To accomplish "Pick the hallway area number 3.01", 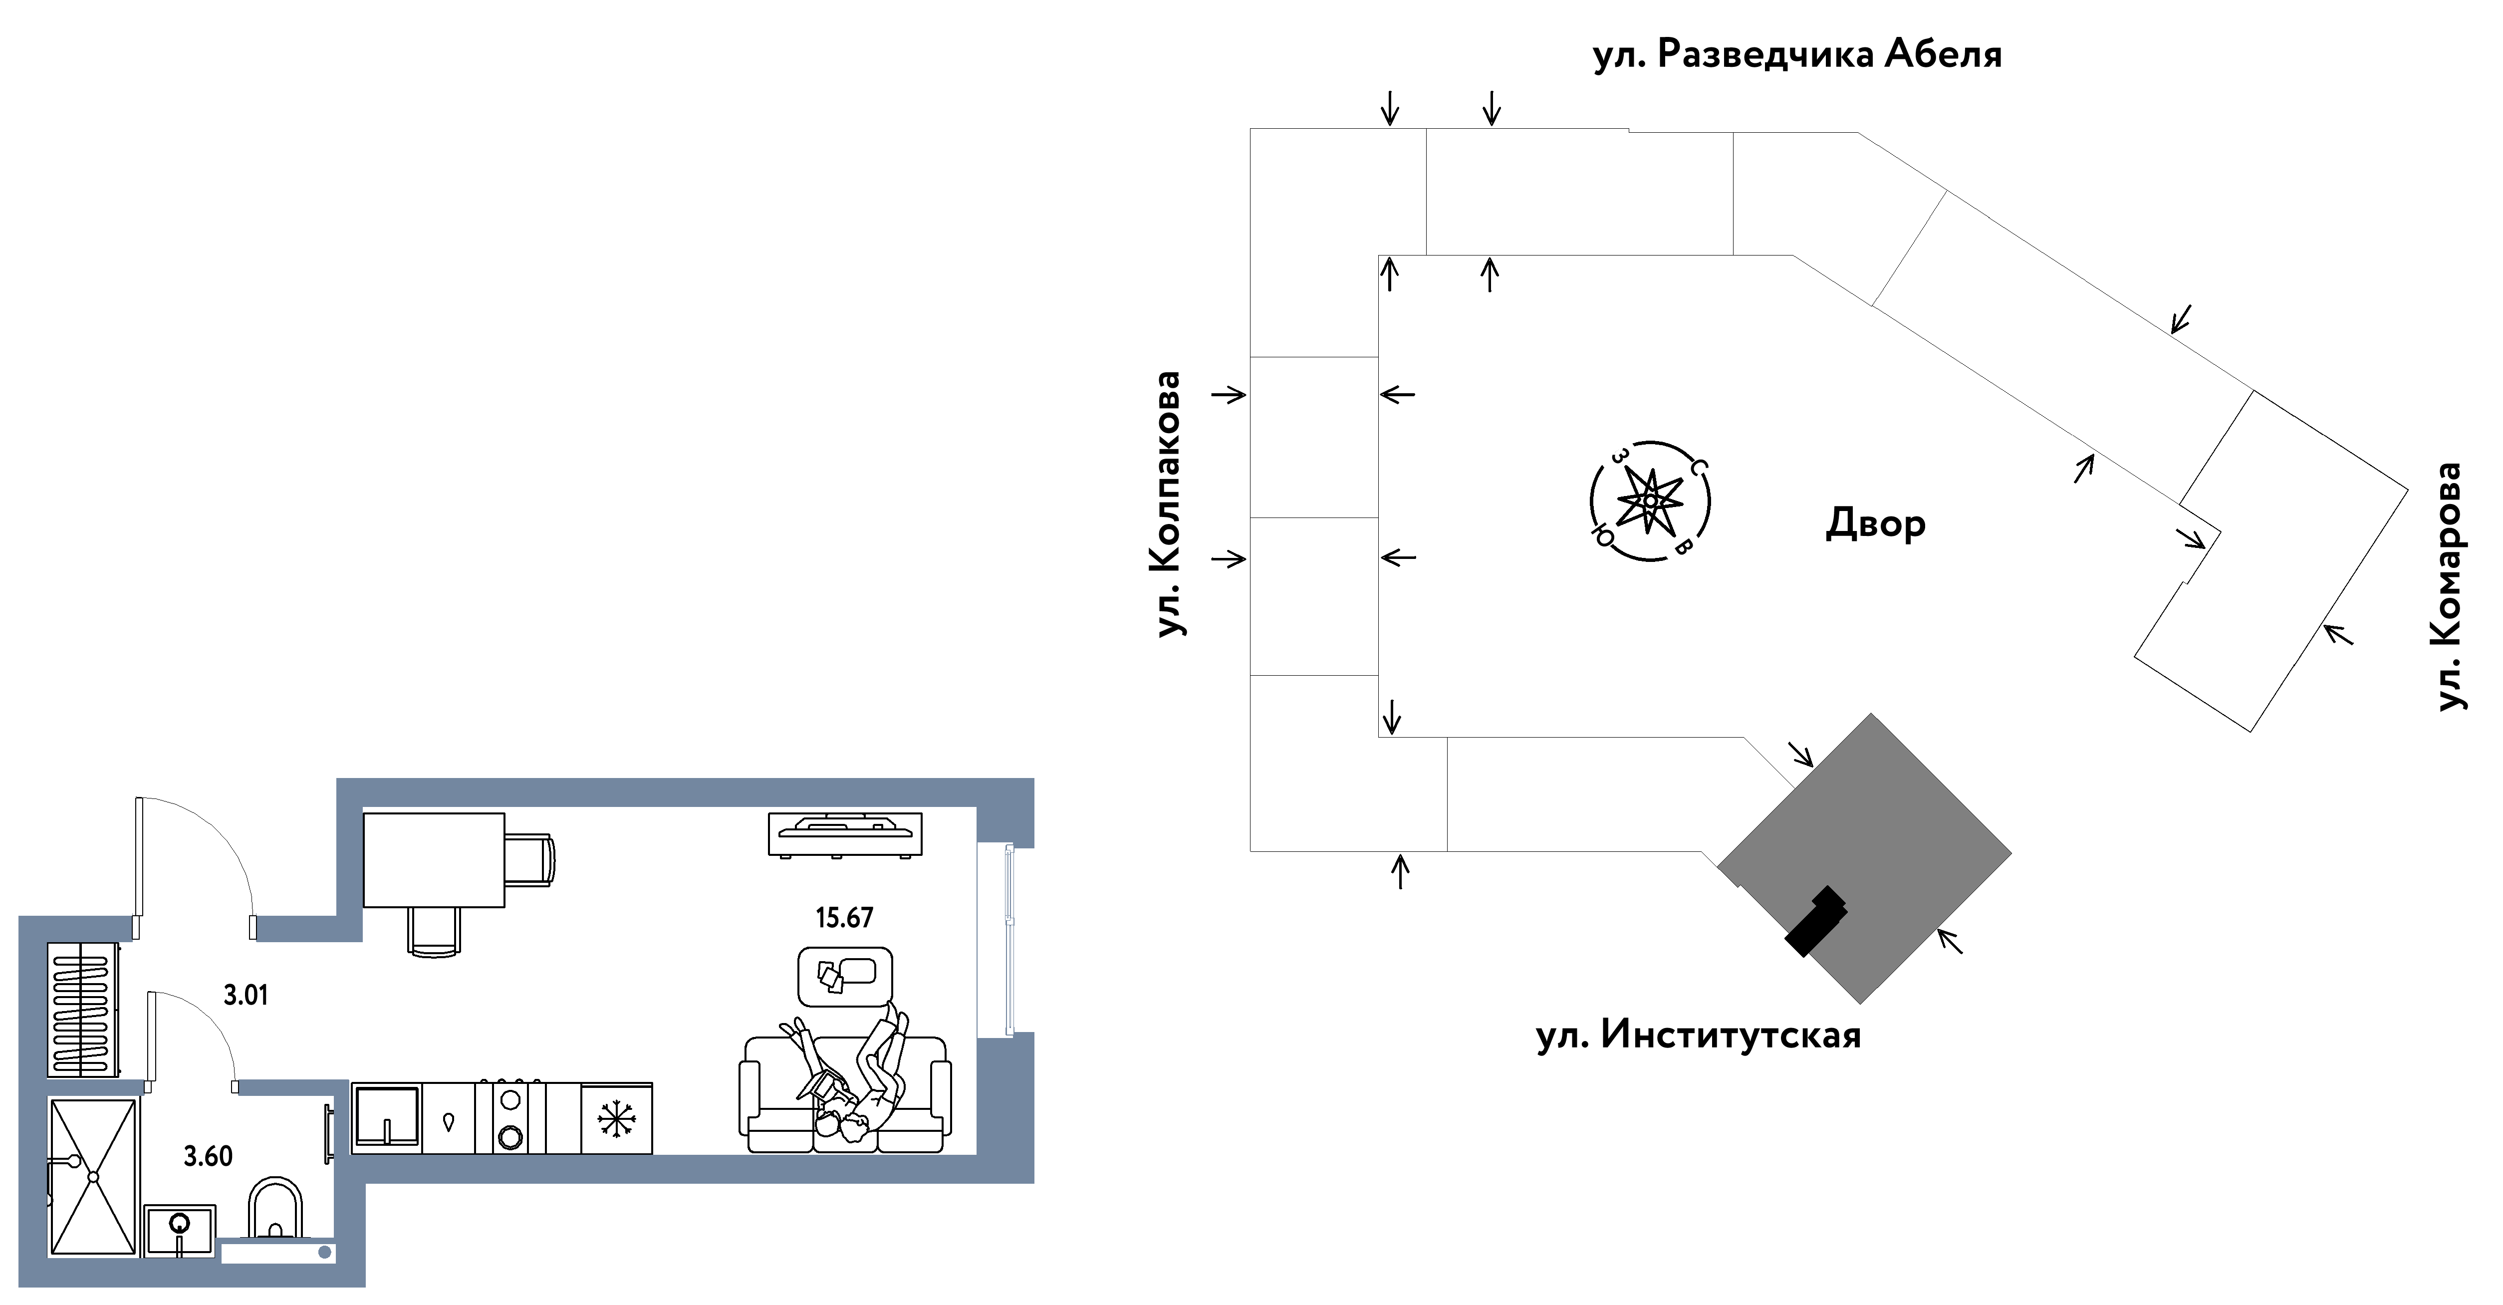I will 245,995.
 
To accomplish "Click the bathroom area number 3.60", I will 208,1156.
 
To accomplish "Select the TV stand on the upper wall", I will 844,834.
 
